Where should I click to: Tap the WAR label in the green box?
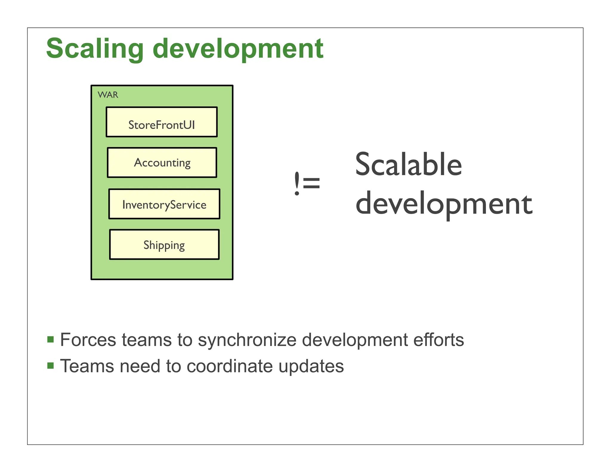tap(108, 95)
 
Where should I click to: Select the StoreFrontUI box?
tap(161, 122)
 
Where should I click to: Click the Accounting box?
tap(162, 163)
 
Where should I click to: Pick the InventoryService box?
tap(164, 204)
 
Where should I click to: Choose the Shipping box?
tap(164, 245)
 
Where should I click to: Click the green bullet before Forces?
tap(50, 340)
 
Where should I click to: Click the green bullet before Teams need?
tap(50, 366)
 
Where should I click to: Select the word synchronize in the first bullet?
tap(247, 340)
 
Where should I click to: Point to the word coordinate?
tap(229, 366)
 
